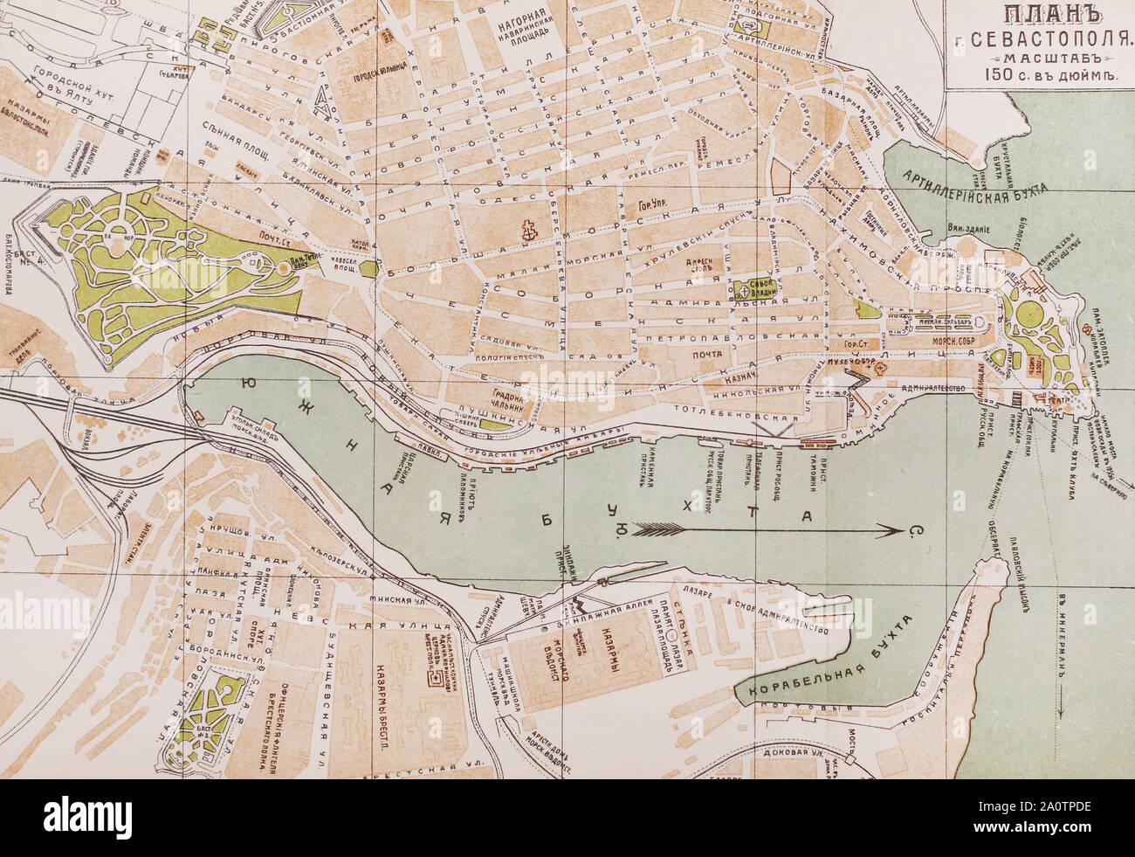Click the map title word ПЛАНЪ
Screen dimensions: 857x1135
(1039, 16)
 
